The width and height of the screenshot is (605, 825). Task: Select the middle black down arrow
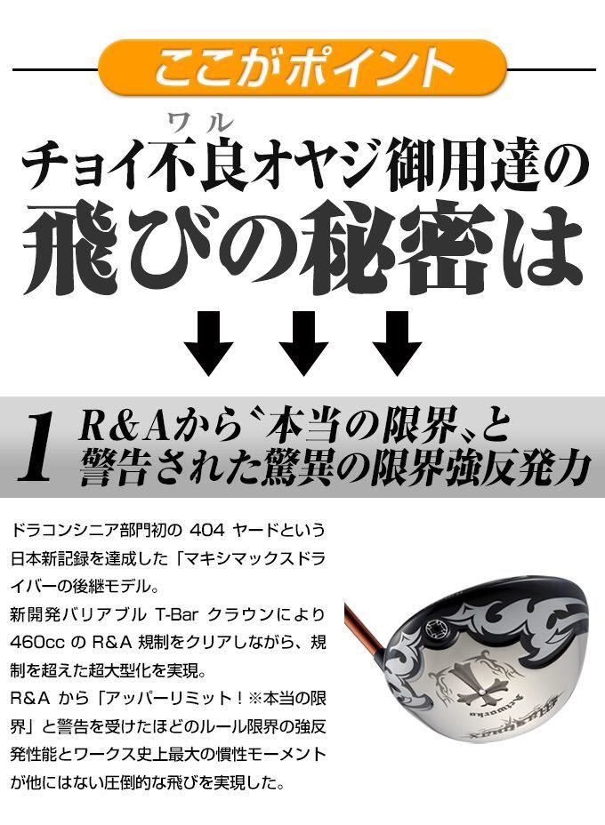pyautogui.click(x=303, y=341)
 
